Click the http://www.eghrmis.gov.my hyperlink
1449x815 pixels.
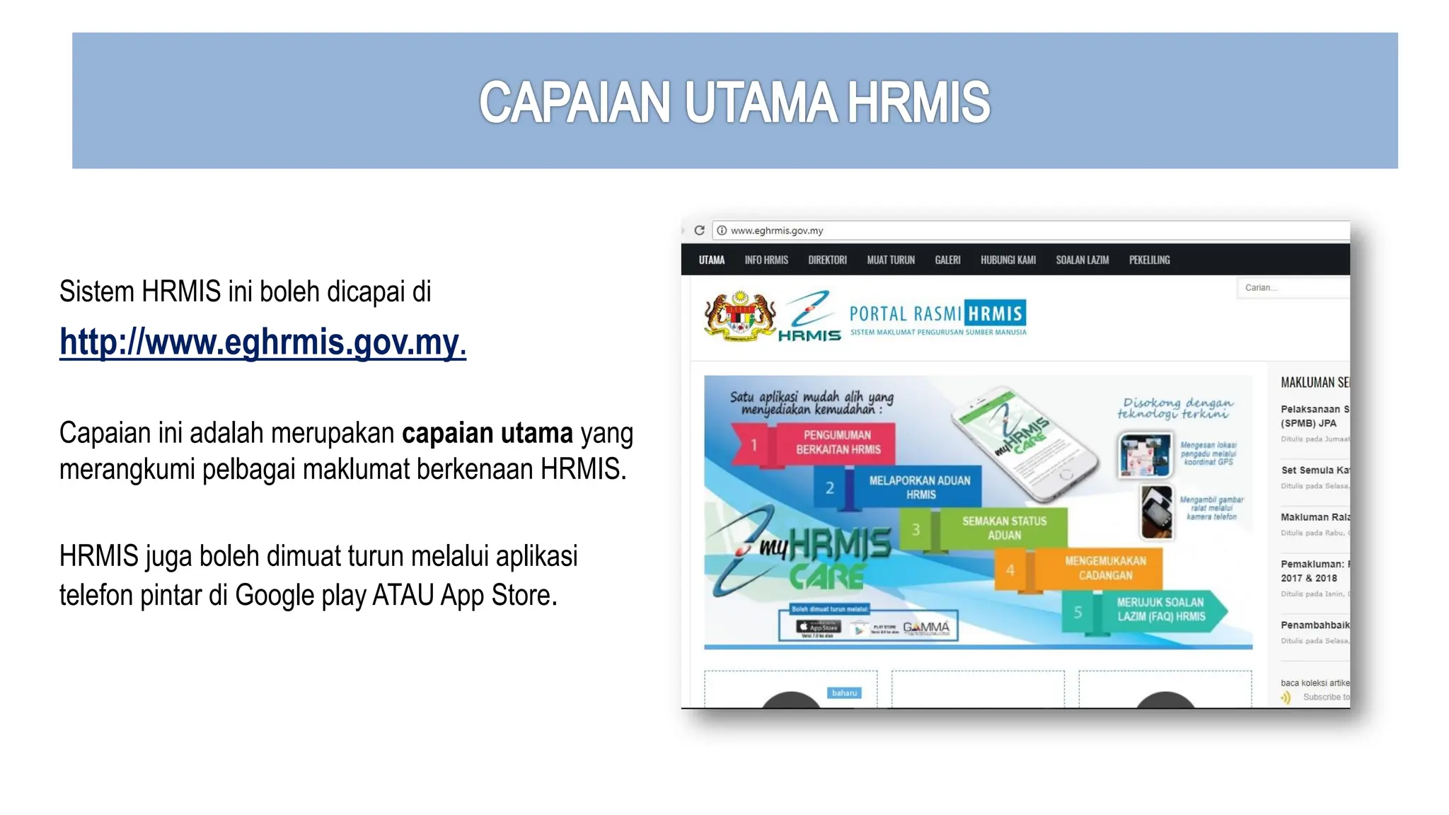(x=262, y=342)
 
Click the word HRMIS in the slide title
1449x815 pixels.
(x=918, y=103)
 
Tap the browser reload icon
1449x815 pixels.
(x=699, y=231)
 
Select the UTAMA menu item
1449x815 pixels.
(x=711, y=260)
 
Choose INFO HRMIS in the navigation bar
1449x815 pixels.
(x=766, y=260)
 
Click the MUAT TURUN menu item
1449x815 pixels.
(x=890, y=260)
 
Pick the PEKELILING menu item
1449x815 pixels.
(x=1149, y=260)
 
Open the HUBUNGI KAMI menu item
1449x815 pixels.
(x=1008, y=260)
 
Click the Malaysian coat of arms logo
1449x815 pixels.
(x=739, y=316)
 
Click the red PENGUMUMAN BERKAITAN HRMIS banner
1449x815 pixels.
(x=838, y=443)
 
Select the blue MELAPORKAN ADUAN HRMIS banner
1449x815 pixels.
(x=920, y=487)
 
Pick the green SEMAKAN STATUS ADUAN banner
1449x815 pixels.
(x=1003, y=528)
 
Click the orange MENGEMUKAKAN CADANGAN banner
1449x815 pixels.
(x=1105, y=568)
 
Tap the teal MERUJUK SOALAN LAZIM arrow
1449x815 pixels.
(x=1160, y=609)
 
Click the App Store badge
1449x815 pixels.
(x=818, y=627)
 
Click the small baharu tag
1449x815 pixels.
(x=843, y=693)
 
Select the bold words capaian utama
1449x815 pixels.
(x=487, y=433)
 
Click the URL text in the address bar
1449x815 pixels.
(x=776, y=231)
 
